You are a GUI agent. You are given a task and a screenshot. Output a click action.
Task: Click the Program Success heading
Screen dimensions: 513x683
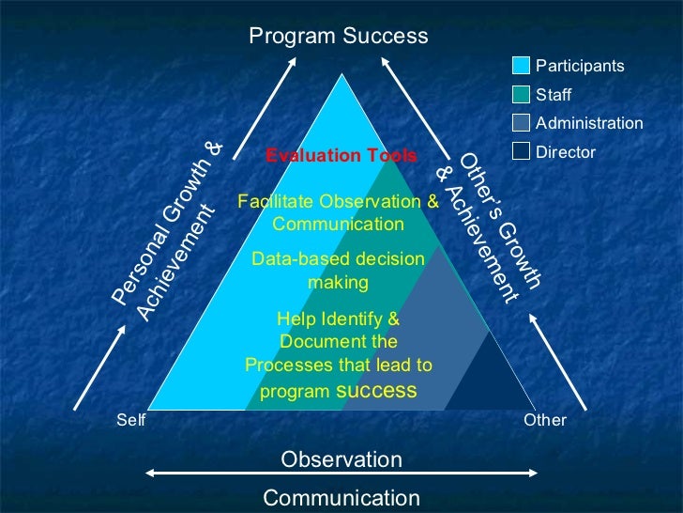(338, 37)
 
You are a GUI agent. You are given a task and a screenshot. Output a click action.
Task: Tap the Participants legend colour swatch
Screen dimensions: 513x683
(521, 66)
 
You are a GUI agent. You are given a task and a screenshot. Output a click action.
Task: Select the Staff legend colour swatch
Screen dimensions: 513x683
(521, 94)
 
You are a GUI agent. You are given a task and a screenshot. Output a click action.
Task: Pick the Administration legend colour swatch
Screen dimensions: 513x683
(521, 122)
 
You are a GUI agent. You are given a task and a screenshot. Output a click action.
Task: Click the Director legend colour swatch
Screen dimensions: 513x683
(521, 150)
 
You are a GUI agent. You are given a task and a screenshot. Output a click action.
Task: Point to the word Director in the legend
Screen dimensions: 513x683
(565, 151)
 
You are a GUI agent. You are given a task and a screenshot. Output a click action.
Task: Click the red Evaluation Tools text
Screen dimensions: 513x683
(341, 155)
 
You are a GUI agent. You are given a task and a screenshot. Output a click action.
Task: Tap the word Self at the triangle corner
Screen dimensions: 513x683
(130, 420)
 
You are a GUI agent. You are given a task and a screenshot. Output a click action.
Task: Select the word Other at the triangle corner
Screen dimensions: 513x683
(545, 420)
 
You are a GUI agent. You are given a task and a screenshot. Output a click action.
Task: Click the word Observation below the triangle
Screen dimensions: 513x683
(341, 459)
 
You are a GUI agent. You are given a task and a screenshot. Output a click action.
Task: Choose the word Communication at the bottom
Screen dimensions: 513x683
(341, 498)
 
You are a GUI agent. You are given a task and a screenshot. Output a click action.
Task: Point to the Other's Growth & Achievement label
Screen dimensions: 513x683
(490, 225)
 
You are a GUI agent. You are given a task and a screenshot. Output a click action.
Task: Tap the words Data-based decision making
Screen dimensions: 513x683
(338, 270)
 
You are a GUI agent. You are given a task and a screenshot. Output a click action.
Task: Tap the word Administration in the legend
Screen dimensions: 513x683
(588, 123)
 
